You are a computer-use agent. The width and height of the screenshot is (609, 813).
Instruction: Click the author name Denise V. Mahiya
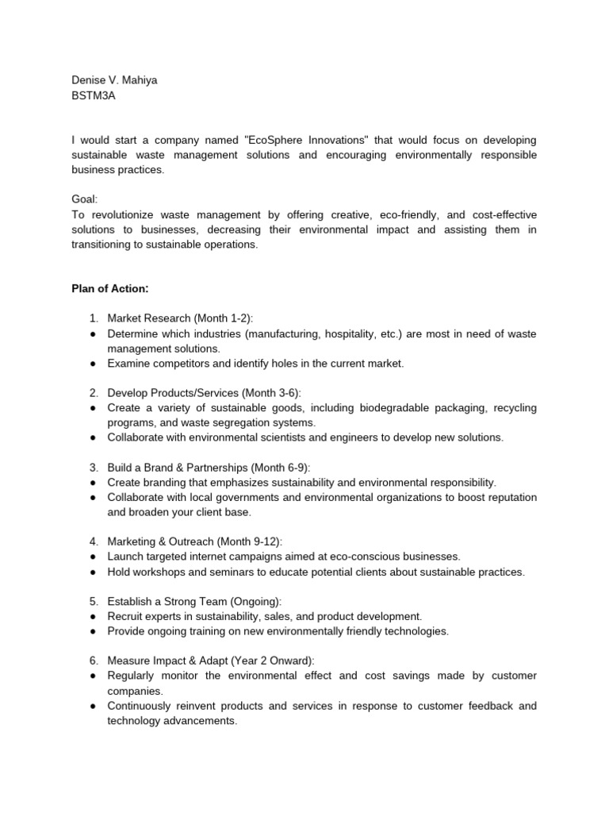[x=114, y=80]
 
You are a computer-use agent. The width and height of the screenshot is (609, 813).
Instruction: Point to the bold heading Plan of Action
[x=110, y=288]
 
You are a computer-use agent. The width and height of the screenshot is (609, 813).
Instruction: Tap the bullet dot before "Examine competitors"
[x=93, y=363]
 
